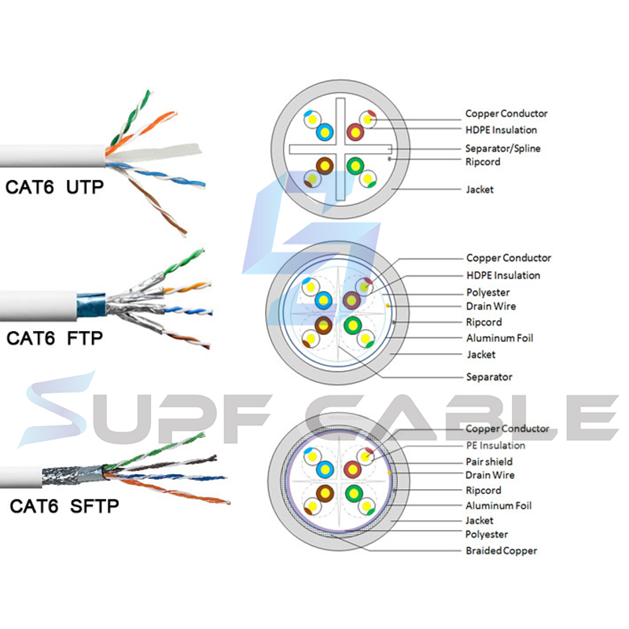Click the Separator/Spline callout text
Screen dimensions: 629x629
pyautogui.click(x=502, y=148)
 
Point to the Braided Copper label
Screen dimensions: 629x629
pyautogui.click(x=501, y=550)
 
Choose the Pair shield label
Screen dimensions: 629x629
pyautogui.click(x=489, y=461)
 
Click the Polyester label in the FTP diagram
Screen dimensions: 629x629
pyautogui.click(x=488, y=292)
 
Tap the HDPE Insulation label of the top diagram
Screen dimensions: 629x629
pyautogui.click(x=502, y=130)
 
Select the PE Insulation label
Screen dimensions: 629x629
pyautogui.click(x=495, y=446)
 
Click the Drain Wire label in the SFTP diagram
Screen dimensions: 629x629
pyautogui.click(x=491, y=475)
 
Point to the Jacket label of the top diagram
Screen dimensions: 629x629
pyautogui.click(x=480, y=189)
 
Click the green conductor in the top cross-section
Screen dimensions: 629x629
pyautogui.click(x=355, y=166)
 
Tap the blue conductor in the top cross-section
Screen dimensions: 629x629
pyautogui.click(x=322, y=132)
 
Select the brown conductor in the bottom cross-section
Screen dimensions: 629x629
pyautogui.click(x=322, y=493)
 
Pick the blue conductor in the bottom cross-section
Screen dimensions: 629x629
pyautogui.click(x=322, y=469)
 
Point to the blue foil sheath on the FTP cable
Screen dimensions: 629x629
pyautogui.click(x=92, y=303)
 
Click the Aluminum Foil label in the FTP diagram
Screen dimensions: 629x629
pyautogui.click(x=500, y=338)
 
